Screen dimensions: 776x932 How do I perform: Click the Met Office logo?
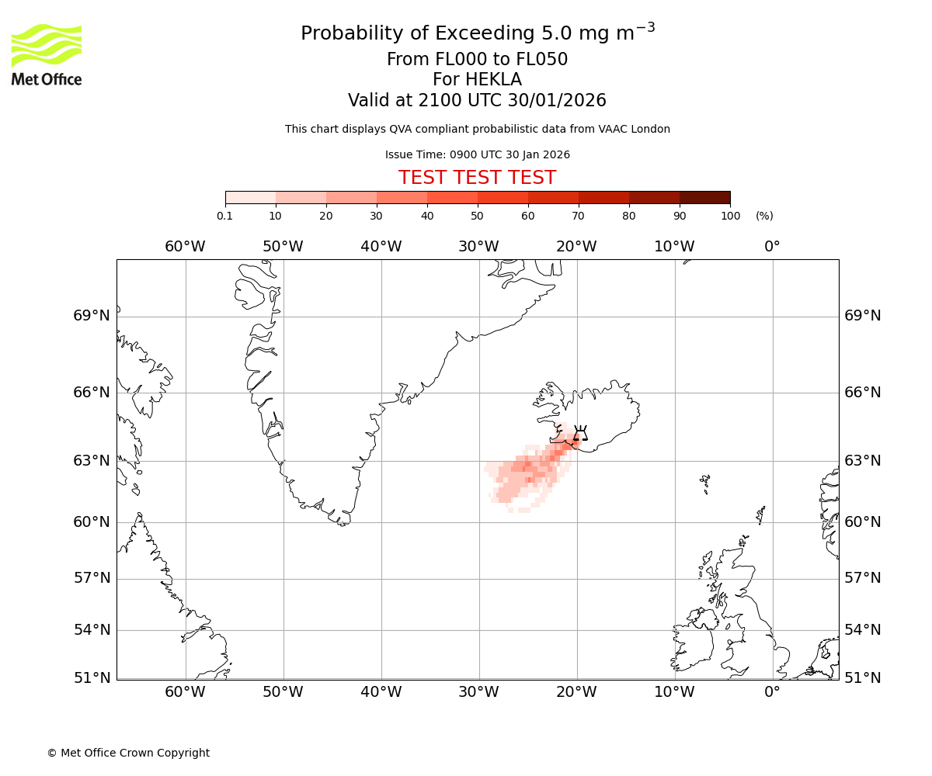pos(47,54)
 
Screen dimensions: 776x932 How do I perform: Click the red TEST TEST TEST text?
pos(477,178)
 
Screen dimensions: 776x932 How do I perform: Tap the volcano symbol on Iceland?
pos(579,434)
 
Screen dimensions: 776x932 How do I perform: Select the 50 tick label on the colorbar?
pos(477,216)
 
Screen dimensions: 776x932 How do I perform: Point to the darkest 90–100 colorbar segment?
pos(704,197)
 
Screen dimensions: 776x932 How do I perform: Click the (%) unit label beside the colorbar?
pos(764,216)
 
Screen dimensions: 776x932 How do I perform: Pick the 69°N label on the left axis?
pos(92,316)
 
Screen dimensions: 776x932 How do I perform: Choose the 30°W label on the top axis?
pos(478,247)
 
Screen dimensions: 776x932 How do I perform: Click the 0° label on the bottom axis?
pos(772,691)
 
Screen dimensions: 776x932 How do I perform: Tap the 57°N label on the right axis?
pos(863,578)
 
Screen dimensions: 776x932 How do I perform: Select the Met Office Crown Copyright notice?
pos(128,753)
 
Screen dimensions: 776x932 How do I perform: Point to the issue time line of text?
pos(477,154)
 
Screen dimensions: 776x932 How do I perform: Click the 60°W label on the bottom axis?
pos(185,691)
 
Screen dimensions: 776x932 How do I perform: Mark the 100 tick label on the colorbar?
pos(730,216)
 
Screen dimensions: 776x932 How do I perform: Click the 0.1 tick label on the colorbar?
pos(225,216)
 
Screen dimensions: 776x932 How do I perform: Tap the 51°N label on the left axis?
pos(92,678)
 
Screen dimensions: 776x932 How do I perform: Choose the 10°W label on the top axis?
pos(674,247)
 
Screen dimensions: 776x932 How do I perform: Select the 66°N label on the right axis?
pos(863,393)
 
